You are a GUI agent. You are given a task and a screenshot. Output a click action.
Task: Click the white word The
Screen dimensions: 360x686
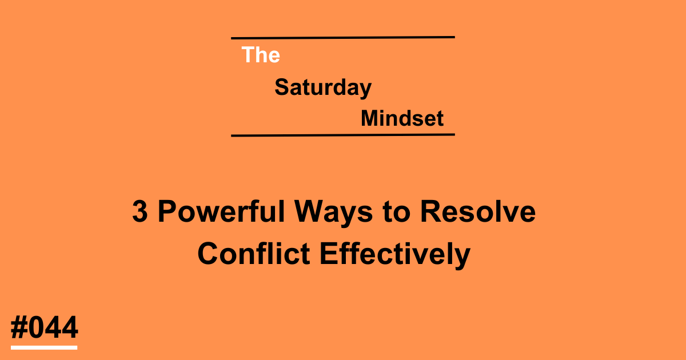[x=261, y=55]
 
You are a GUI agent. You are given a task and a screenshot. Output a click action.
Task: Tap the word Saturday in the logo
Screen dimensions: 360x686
[x=323, y=88]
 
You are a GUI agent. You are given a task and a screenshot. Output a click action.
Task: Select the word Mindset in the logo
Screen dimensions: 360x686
[x=402, y=119]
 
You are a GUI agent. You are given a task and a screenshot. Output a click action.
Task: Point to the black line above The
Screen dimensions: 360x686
[x=343, y=38]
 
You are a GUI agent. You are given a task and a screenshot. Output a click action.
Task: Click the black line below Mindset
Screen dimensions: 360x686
[x=343, y=135]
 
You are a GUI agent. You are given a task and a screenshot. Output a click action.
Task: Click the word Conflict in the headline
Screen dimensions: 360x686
[x=254, y=254]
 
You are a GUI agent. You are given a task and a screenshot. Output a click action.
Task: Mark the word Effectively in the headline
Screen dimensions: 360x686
[x=394, y=254]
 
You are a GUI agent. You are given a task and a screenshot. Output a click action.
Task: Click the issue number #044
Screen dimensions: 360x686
[x=44, y=329]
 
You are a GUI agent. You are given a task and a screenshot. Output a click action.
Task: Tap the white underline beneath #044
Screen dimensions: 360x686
[x=44, y=347]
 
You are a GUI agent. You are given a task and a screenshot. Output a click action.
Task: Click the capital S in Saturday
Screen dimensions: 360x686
[x=281, y=88]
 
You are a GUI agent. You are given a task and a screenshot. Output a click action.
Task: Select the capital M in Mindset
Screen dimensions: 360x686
[x=369, y=119]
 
